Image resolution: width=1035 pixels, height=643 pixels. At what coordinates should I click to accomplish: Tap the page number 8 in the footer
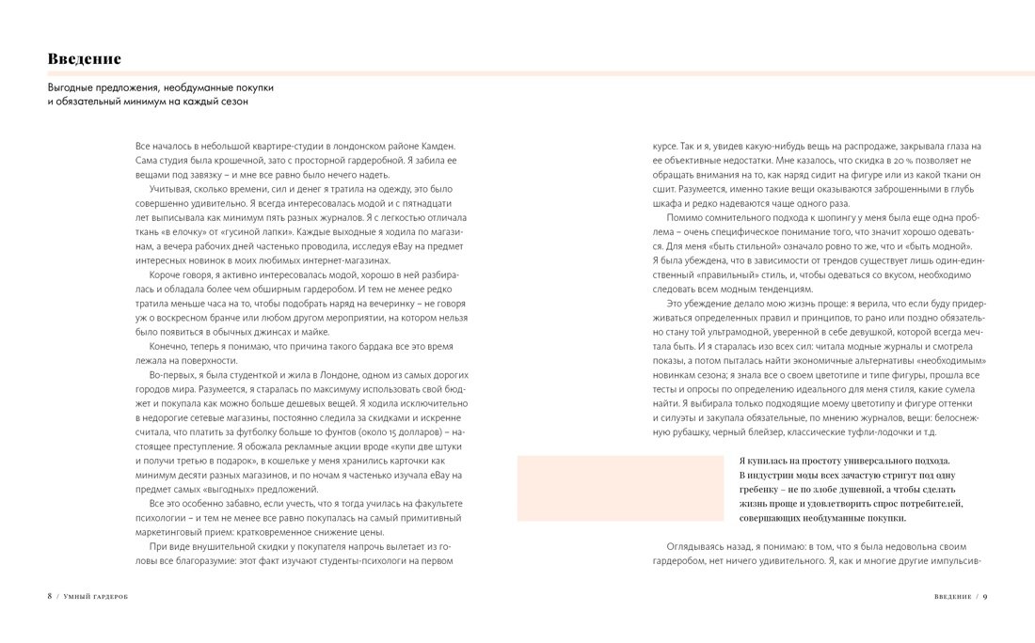click(x=50, y=596)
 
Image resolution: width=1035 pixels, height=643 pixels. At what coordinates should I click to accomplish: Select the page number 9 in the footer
click(x=984, y=596)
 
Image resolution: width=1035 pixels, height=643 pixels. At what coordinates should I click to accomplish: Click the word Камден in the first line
click(x=436, y=147)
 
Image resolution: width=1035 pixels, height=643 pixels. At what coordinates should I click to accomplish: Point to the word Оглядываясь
click(x=699, y=545)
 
